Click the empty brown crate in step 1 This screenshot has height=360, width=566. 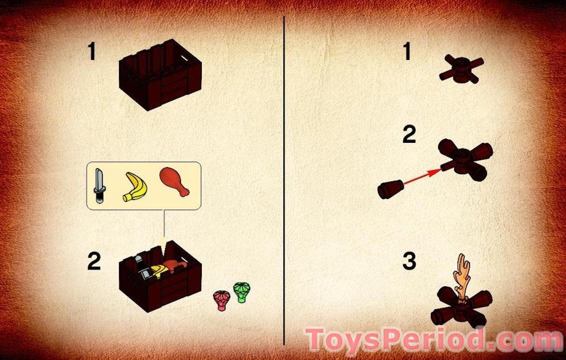pos(160,75)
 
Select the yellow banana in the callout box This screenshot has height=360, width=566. pos(135,186)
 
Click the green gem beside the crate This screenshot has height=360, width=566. pos(241,292)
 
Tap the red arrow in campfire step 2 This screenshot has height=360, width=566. pos(422,177)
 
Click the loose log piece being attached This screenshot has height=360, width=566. pos(391,189)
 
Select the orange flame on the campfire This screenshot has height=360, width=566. pos(462,277)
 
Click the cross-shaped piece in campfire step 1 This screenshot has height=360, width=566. pos(461,69)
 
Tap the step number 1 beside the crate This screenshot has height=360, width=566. pos(92,51)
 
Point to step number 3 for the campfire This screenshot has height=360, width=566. pos(409,261)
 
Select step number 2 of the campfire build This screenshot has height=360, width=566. pos(409,134)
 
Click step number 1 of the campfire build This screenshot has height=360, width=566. pos(407,51)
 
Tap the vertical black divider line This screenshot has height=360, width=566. pos(284,180)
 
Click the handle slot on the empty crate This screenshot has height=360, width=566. pos(184,57)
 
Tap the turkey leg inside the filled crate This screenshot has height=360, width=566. pos(176,264)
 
